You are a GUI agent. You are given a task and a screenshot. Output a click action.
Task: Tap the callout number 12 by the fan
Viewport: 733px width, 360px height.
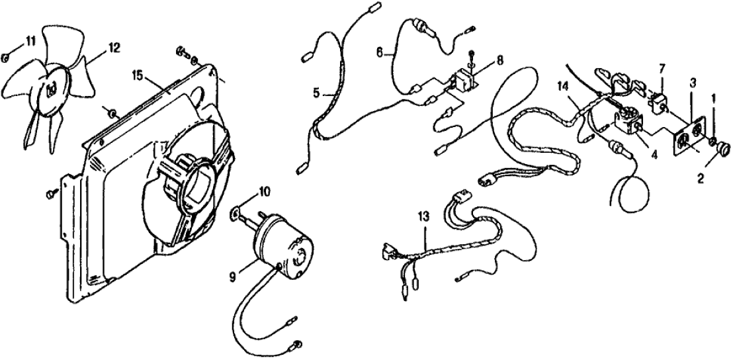(114, 47)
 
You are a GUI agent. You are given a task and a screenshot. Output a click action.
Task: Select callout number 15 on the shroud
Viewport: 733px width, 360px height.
(138, 75)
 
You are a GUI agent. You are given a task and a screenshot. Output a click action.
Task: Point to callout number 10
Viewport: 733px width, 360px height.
(264, 191)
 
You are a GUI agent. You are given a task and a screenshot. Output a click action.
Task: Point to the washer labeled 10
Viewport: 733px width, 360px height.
(235, 214)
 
